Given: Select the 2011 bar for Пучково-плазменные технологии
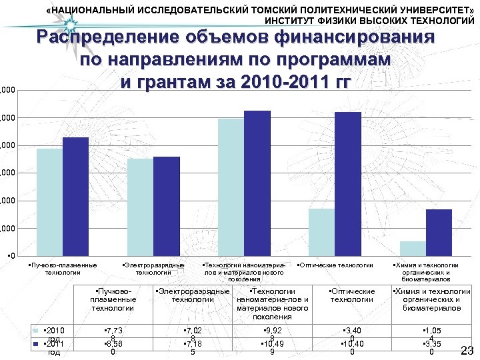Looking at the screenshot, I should (x=75, y=197).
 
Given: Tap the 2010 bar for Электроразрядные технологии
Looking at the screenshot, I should (x=140, y=207).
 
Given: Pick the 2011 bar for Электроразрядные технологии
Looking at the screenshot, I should (x=166, y=206).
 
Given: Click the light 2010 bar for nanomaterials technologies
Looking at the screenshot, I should (x=231, y=187).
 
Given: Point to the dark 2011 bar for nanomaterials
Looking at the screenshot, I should (x=257, y=183).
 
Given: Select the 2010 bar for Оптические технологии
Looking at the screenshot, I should (x=321, y=232).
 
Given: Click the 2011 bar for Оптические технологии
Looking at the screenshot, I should (x=347, y=184).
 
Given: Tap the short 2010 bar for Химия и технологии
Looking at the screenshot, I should (x=413, y=249).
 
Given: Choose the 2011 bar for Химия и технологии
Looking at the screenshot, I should (x=439, y=233).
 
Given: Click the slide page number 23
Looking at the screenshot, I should (x=467, y=351).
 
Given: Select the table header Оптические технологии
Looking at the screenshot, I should (x=352, y=295).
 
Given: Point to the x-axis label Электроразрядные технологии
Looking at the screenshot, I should (x=153, y=269).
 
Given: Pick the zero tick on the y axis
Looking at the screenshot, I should (x=7, y=256).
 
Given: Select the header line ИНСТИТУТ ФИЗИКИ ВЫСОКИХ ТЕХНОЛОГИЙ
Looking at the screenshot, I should (x=370, y=21).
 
